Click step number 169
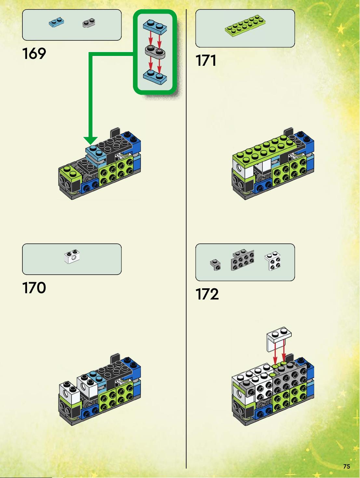(x=34, y=54)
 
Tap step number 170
(x=34, y=288)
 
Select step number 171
(x=206, y=60)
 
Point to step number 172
(x=207, y=294)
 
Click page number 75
(x=347, y=466)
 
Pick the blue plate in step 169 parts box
(x=56, y=22)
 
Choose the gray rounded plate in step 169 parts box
(x=89, y=23)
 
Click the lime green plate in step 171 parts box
(x=245, y=26)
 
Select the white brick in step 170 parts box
(x=72, y=256)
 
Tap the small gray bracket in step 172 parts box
(x=216, y=265)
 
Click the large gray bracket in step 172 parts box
(x=243, y=260)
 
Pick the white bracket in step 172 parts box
(x=273, y=261)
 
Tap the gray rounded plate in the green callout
(x=155, y=52)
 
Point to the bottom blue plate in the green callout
(x=155, y=77)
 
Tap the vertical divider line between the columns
(x=186, y=239)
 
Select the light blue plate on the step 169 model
(x=96, y=152)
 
